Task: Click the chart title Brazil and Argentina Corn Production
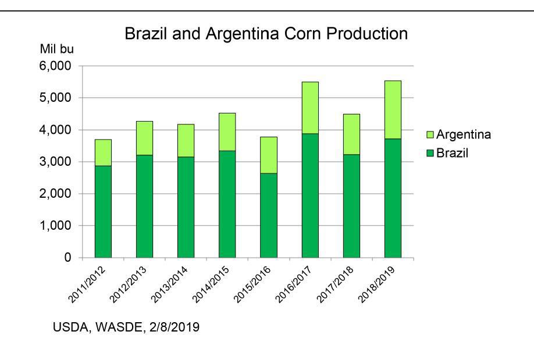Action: (x=266, y=35)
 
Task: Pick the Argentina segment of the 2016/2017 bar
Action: (x=310, y=108)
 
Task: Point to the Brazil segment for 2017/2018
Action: (x=351, y=206)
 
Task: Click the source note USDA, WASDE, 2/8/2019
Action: (x=126, y=328)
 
